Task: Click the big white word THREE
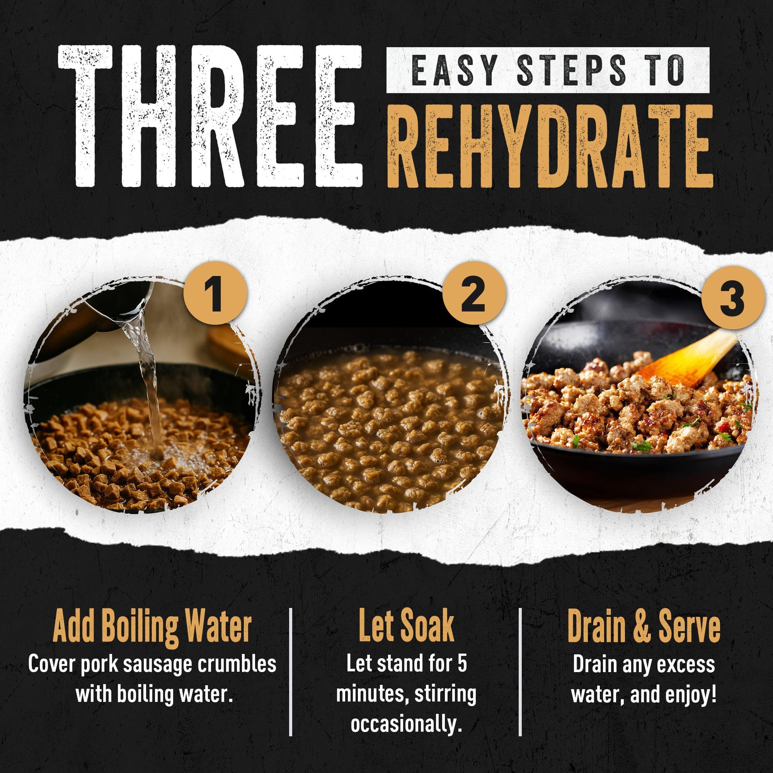click(211, 116)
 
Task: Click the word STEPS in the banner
click(572, 70)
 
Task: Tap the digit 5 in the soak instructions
click(462, 664)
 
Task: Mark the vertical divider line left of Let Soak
click(291, 672)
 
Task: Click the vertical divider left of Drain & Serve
click(520, 672)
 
